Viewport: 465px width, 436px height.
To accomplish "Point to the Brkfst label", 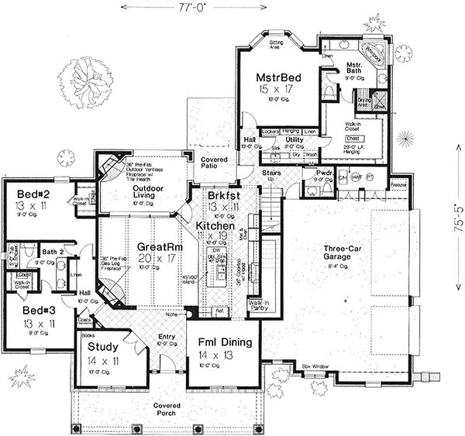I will point(223,197).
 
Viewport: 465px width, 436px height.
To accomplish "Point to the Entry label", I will point(167,339).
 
